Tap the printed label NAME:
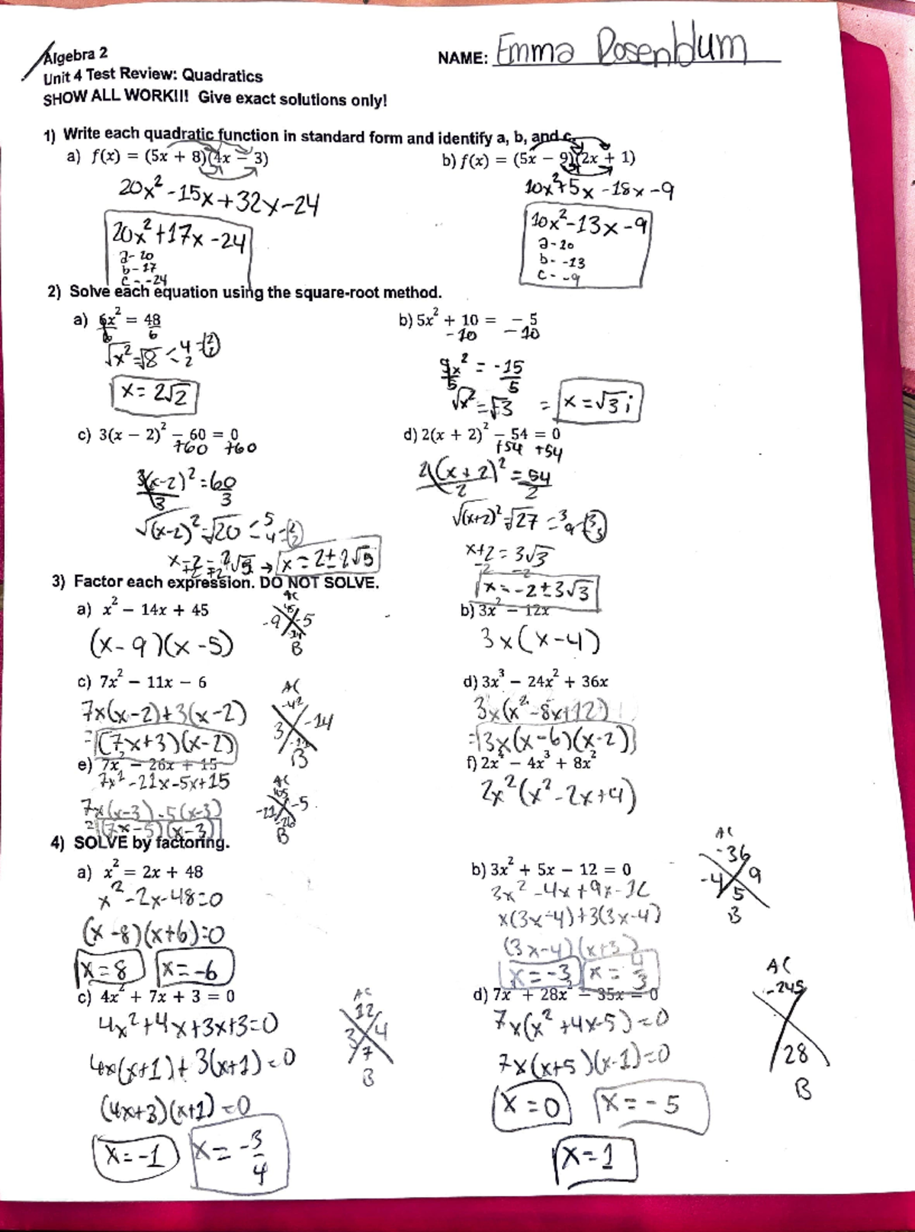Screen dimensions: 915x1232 [x=463, y=59]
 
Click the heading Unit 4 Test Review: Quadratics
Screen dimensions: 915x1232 [x=152, y=76]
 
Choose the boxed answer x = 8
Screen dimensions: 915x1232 [x=111, y=969]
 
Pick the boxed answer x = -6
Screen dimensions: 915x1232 [x=194, y=969]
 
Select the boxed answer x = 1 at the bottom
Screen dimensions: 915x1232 [x=596, y=1160]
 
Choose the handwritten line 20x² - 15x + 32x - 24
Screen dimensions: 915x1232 [x=219, y=197]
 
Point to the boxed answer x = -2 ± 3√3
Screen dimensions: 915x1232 [x=536, y=592]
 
